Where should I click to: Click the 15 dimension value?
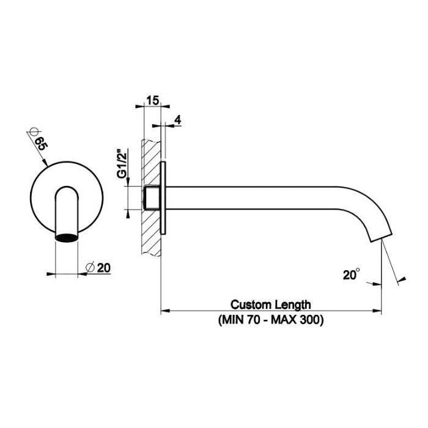(153, 100)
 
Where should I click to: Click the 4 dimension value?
(177, 120)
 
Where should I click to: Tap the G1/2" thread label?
(122, 162)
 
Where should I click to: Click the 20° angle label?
(350, 276)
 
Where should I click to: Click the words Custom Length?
(270, 304)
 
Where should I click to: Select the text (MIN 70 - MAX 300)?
(270, 320)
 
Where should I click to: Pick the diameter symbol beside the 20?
(90, 267)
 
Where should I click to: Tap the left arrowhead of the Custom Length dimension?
(164, 311)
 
